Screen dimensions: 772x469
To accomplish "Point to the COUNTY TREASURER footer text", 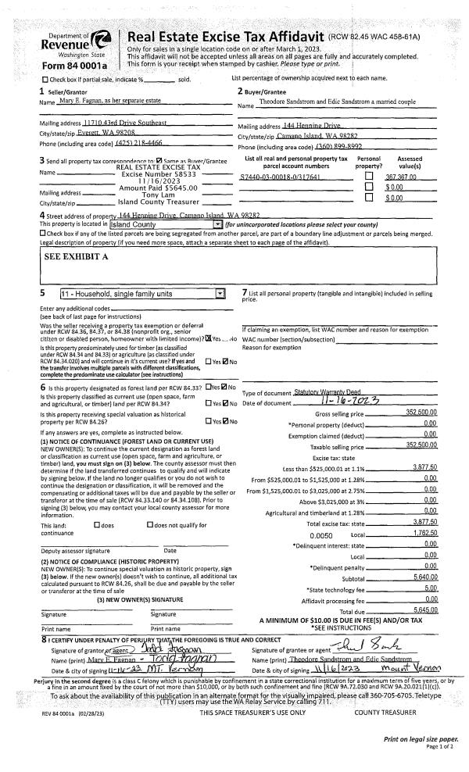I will coord(384,734).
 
